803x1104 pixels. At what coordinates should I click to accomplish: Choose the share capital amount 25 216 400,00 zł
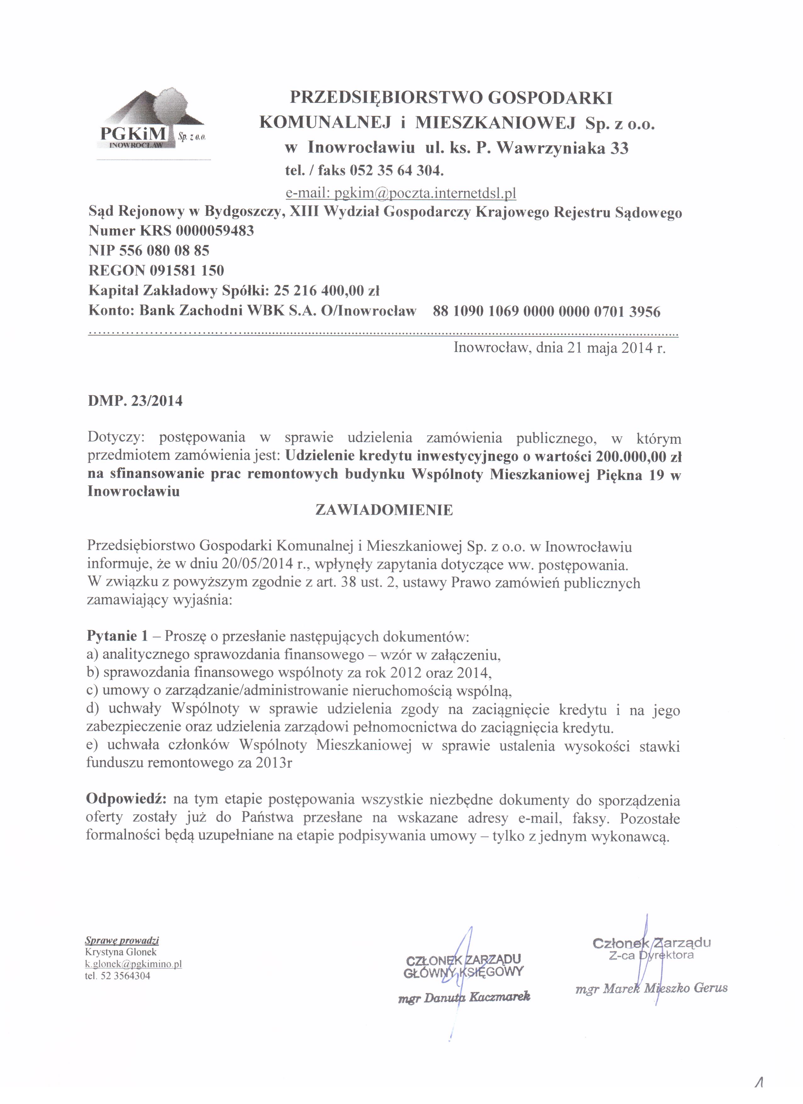point(327,291)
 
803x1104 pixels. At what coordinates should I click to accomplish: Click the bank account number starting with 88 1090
point(546,311)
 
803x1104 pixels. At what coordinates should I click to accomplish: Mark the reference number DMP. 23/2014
point(135,401)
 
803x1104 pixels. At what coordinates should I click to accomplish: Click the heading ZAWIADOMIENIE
point(384,510)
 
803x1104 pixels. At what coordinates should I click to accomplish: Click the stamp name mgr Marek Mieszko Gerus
point(651,988)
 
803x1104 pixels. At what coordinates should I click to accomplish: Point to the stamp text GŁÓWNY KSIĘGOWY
point(463,972)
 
